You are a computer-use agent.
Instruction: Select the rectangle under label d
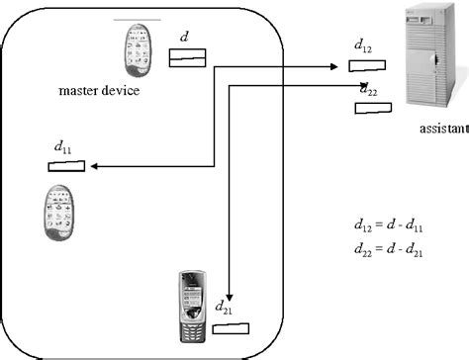point(186,61)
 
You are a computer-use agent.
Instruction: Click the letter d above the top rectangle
point(183,38)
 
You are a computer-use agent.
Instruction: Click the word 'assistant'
point(442,129)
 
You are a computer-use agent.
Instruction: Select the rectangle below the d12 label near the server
point(366,67)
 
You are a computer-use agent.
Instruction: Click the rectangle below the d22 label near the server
point(373,108)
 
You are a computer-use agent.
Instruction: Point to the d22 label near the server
point(368,90)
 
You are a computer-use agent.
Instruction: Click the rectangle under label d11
point(65,166)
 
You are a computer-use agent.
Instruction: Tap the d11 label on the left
point(61,147)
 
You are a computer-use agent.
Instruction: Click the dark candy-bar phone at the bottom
point(192,301)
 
